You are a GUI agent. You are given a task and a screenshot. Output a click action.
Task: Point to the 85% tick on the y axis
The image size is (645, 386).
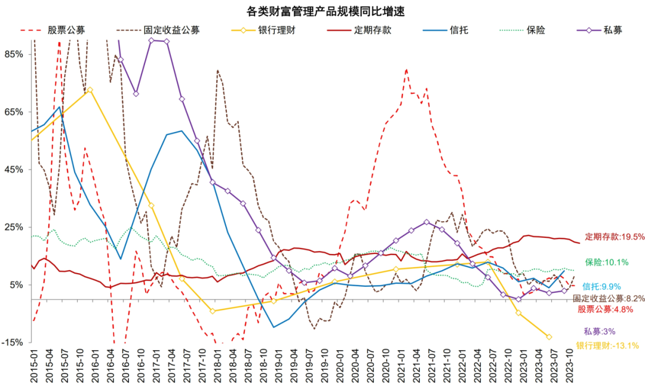(x=14, y=54)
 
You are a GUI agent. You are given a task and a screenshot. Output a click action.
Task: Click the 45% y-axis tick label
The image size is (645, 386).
(x=14, y=170)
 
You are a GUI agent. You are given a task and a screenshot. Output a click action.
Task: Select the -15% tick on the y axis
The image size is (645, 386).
(x=13, y=342)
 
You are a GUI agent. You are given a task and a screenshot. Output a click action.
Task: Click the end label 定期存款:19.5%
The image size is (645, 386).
(x=615, y=237)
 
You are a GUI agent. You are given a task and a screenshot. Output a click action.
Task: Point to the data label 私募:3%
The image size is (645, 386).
(x=600, y=332)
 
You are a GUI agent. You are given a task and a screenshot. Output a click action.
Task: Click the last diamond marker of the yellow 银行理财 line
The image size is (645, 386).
(x=549, y=337)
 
